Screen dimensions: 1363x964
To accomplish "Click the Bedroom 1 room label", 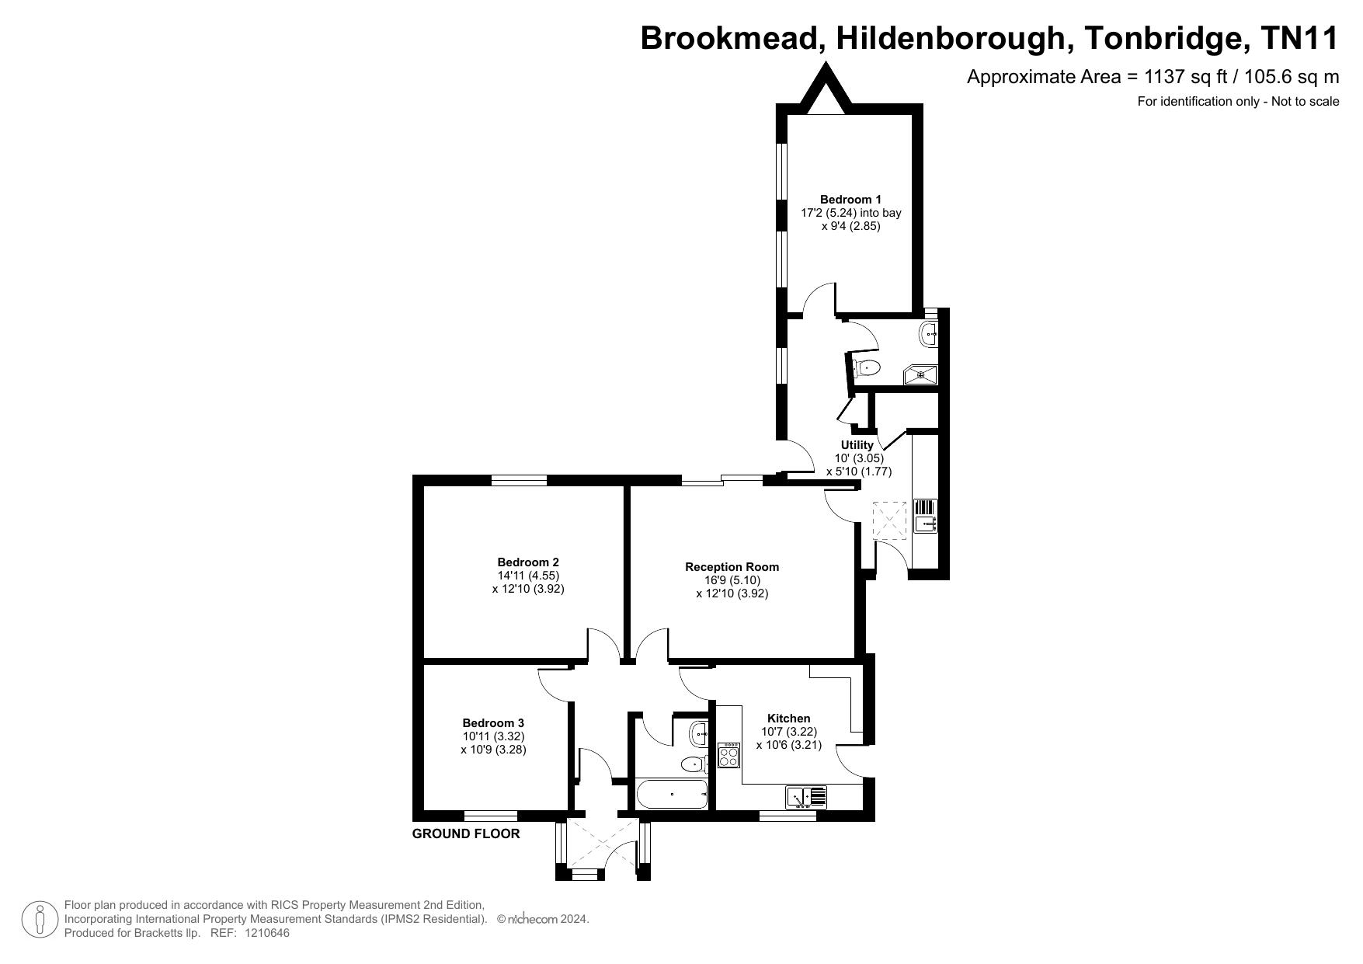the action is (850, 200).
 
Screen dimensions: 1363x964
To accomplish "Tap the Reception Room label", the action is (732, 567).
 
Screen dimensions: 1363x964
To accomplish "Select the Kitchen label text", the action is (788, 719).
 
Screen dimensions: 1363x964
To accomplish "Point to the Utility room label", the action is (857, 445).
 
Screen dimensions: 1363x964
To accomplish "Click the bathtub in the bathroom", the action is (672, 795).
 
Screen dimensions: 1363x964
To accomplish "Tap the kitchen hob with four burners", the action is (728, 756).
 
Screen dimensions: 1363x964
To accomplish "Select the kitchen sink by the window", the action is (806, 797).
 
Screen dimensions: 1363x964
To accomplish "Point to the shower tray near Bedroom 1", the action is (920, 375).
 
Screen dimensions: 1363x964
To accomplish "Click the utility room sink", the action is (926, 516).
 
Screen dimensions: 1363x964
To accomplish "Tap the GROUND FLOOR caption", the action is (466, 834).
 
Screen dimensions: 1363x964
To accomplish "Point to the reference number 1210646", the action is (267, 933).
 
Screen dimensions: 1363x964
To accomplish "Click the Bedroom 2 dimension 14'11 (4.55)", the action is (528, 576).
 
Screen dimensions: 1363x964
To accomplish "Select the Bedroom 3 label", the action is (493, 723).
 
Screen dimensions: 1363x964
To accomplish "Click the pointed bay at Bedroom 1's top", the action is (825, 86).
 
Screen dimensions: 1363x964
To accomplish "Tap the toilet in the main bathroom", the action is (694, 765).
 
